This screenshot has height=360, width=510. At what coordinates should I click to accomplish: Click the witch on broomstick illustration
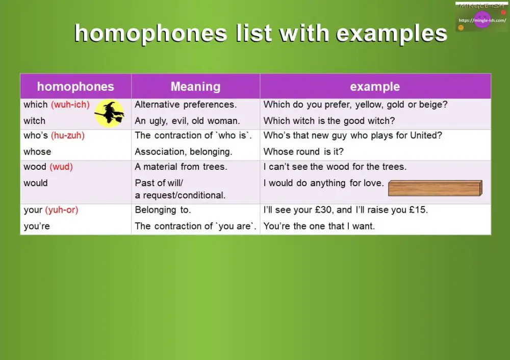[x=109, y=113]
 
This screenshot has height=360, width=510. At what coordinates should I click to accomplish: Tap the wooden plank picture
[x=435, y=188]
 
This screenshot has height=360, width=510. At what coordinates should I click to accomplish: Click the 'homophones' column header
[x=75, y=87]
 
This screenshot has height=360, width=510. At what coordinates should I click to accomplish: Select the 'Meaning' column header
[x=195, y=87]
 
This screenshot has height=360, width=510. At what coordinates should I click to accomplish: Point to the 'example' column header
[x=375, y=87]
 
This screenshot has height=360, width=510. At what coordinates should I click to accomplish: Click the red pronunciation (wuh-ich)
[x=70, y=105]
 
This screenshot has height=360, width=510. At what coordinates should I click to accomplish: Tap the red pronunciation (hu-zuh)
[x=67, y=136]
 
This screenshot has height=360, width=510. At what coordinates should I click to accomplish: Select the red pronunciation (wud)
[x=61, y=167]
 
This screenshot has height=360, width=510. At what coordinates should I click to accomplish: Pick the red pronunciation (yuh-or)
[x=61, y=210]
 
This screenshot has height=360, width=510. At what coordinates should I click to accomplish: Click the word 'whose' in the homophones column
[x=37, y=152]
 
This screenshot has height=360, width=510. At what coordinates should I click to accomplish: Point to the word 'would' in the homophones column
[x=36, y=183]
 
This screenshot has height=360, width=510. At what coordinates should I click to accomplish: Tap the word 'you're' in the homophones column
[x=37, y=226]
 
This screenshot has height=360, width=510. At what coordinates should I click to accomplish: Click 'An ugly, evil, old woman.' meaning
[x=187, y=121]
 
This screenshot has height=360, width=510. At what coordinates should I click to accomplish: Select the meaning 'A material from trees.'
[x=181, y=167]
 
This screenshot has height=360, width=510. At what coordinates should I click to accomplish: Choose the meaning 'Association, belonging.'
[x=183, y=152]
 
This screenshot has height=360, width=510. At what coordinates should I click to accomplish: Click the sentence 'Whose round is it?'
[x=303, y=152]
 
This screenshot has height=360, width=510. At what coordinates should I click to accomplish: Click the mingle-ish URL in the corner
[x=482, y=20]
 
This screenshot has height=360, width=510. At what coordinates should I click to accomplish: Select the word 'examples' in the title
[x=392, y=34]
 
